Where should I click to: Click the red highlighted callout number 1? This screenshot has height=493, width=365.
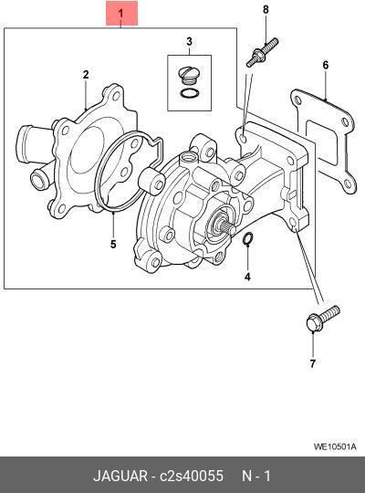point(121,13)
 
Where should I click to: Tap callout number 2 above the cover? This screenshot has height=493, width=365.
point(86,75)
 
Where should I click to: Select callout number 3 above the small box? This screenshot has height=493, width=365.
point(189,41)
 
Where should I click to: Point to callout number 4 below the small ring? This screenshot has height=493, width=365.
point(247,277)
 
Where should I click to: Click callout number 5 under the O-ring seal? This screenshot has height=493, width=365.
point(113,244)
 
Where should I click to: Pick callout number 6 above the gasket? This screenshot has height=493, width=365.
point(326,65)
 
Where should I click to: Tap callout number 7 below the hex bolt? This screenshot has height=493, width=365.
point(312,363)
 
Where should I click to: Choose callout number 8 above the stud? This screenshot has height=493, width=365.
point(266,9)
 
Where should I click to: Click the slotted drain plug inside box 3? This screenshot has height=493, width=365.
point(189,76)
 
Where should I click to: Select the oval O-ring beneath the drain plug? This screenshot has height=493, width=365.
point(190,93)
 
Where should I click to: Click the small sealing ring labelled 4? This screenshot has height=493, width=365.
point(247,238)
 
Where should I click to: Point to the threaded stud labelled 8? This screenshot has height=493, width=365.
point(262,52)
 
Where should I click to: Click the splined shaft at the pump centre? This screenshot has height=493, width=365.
point(224,226)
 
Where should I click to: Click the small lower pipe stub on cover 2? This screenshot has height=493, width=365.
point(40,179)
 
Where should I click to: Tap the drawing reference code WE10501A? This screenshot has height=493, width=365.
point(335,446)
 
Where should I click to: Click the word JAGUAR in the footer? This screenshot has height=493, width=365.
point(120,476)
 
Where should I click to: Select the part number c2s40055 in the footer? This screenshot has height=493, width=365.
point(192,476)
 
